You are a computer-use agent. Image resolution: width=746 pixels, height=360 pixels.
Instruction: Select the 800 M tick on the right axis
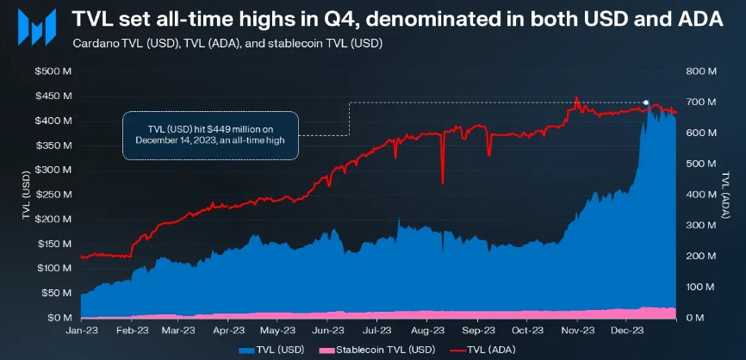point(697,71)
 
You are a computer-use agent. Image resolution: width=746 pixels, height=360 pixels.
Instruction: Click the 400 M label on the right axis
point(697,195)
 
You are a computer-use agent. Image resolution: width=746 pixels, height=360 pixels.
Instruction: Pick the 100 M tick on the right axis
point(697,287)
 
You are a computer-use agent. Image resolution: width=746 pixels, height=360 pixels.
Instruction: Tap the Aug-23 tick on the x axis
point(428,329)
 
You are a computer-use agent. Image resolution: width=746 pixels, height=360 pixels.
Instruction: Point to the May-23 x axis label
point(278,329)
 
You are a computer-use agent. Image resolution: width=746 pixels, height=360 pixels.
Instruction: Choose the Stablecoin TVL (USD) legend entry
point(375,351)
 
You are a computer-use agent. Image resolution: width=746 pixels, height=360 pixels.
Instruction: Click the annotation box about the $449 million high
point(210,135)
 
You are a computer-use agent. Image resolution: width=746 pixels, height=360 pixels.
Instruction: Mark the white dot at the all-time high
point(646,102)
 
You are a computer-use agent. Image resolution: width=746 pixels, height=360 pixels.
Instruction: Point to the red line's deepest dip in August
point(443,183)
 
